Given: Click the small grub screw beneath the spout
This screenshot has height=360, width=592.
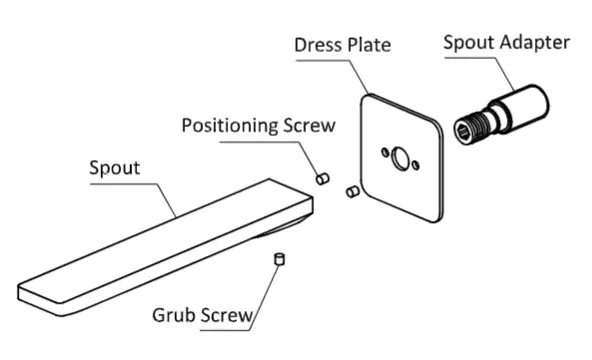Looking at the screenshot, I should coord(281,259).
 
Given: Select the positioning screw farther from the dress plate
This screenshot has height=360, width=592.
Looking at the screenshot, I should coord(322,178).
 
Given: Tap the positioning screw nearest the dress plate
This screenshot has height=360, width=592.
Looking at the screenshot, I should coord(352,190).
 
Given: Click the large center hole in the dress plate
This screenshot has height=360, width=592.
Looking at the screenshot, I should coord(400,158).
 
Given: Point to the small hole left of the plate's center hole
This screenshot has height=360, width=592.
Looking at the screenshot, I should coord(383,152).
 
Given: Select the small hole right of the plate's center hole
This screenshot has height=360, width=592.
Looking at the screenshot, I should coord(417,166).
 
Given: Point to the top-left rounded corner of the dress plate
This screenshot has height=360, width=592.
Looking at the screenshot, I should coord(367,97).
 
